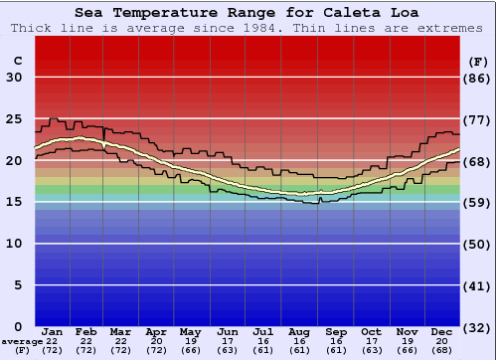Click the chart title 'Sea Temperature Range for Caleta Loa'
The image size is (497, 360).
click(248, 13)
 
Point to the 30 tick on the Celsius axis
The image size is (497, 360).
click(14, 78)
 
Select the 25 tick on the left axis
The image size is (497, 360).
click(14, 119)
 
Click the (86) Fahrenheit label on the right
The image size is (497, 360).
click(478, 78)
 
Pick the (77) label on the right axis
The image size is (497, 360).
click(478, 119)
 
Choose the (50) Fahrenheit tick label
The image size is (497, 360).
click(478, 244)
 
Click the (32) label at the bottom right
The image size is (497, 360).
click(478, 327)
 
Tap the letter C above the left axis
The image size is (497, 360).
click(17, 61)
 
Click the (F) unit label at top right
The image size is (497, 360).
click(478, 61)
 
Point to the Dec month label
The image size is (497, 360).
click(443, 332)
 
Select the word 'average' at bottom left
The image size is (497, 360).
click(22, 341)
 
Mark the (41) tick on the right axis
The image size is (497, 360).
click(478, 285)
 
